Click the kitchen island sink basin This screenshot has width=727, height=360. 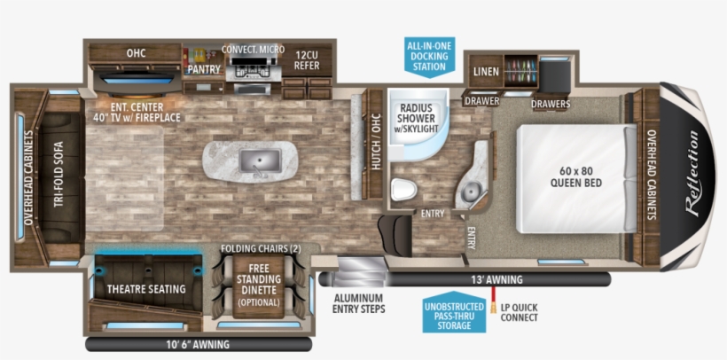(x=260, y=160)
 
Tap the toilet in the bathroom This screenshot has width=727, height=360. (x=403, y=190)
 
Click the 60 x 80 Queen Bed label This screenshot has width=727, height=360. (x=576, y=176)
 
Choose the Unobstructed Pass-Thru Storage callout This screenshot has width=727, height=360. (x=454, y=312)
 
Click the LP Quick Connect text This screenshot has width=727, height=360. (x=519, y=313)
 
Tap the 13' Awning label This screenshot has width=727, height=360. (x=496, y=279)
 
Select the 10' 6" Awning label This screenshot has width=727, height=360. (x=198, y=345)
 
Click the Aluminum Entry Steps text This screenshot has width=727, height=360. (x=359, y=303)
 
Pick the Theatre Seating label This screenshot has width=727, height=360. (x=146, y=289)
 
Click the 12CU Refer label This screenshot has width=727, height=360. (x=307, y=60)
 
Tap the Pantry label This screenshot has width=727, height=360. (x=204, y=69)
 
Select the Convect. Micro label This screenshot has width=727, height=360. (x=254, y=50)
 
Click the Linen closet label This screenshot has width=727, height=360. (x=487, y=72)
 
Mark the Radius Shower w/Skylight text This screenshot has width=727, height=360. (x=416, y=118)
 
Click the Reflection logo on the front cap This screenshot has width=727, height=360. (x=692, y=174)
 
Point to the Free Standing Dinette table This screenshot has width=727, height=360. (x=258, y=286)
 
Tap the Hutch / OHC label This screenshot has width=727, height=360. (x=376, y=142)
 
